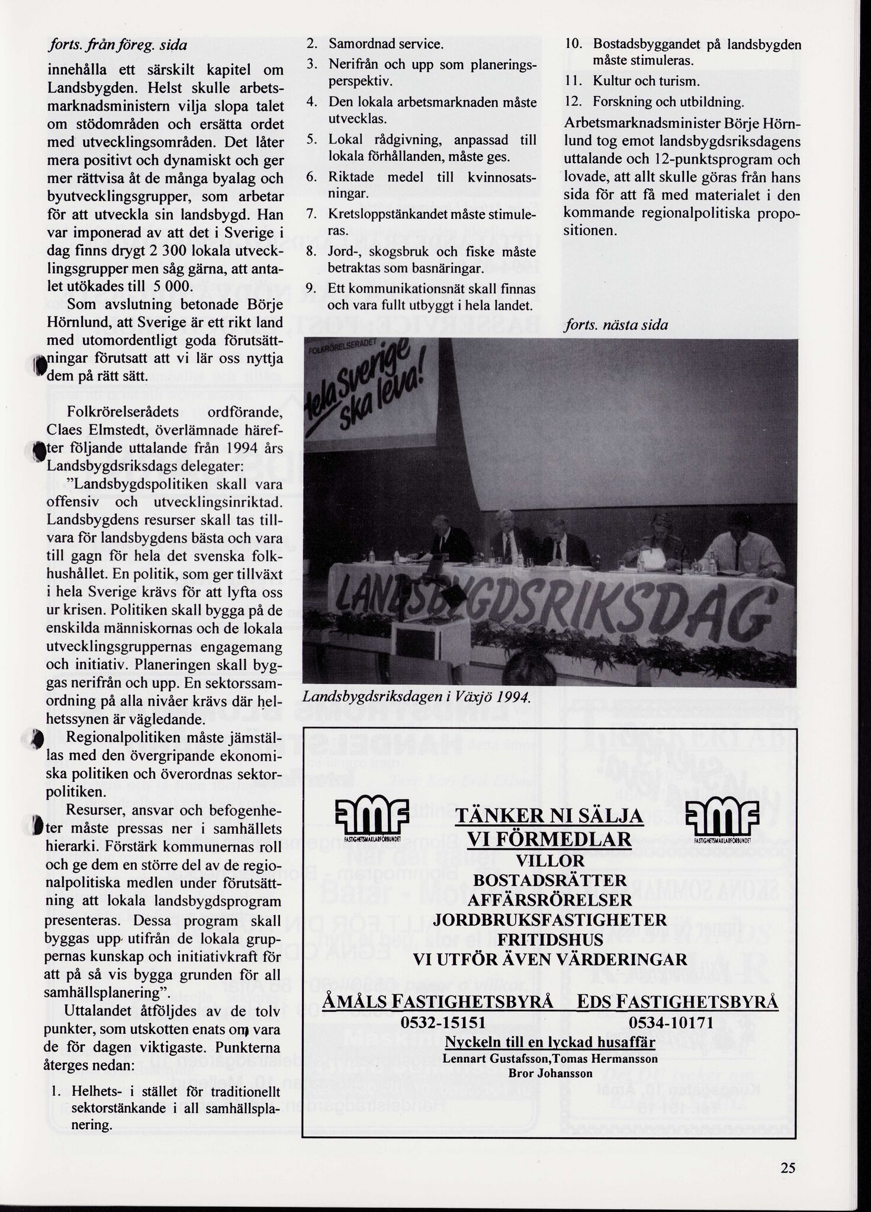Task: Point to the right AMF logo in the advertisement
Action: [x=722, y=818]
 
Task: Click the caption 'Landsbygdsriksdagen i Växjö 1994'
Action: [x=415, y=698]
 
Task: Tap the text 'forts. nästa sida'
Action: [x=616, y=325]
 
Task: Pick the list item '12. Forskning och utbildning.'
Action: [x=654, y=102]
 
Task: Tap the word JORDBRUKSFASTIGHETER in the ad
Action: [x=549, y=920]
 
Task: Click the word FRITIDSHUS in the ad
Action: [x=549, y=940]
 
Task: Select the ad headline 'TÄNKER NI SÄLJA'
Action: [x=549, y=817]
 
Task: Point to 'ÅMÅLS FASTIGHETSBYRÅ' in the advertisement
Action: [x=438, y=1002]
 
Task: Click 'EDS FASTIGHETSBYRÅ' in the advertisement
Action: [x=677, y=1002]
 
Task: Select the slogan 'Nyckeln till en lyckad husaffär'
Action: [x=549, y=1042]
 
